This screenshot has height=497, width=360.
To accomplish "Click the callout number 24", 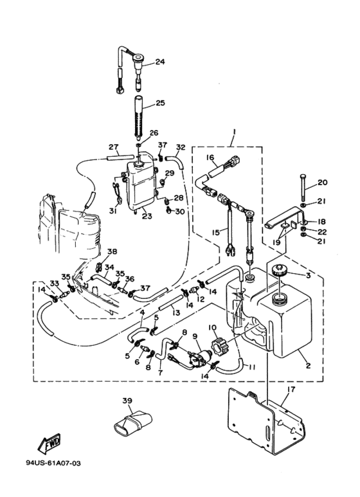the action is [x=159, y=62].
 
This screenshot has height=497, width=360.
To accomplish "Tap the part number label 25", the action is [x=160, y=103].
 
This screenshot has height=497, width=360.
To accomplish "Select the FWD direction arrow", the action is [x=50, y=442].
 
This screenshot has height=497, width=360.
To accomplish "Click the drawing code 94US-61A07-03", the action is [x=53, y=463].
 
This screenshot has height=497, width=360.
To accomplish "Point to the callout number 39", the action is [x=127, y=401].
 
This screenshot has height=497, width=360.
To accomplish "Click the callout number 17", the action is [x=291, y=389].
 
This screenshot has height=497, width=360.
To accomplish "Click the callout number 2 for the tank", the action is [x=308, y=366].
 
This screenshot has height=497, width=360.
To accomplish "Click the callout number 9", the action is [x=195, y=336].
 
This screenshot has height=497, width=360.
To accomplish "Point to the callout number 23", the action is [x=147, y=216].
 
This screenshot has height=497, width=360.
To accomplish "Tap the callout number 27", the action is [x=113, y=147].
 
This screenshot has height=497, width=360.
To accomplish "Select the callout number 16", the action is [x=210, y=158].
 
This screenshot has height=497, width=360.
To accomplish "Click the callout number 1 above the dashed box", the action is [x=233, y=131].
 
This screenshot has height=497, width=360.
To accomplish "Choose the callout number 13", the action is [x=176, y=313].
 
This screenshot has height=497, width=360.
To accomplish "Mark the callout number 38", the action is [x=113, y=251].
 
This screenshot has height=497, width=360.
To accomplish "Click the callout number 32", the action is [x=181, y=147].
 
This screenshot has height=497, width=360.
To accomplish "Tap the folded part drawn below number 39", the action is [x=132, y=422].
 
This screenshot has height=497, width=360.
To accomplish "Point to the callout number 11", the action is [x=251, y=368].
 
